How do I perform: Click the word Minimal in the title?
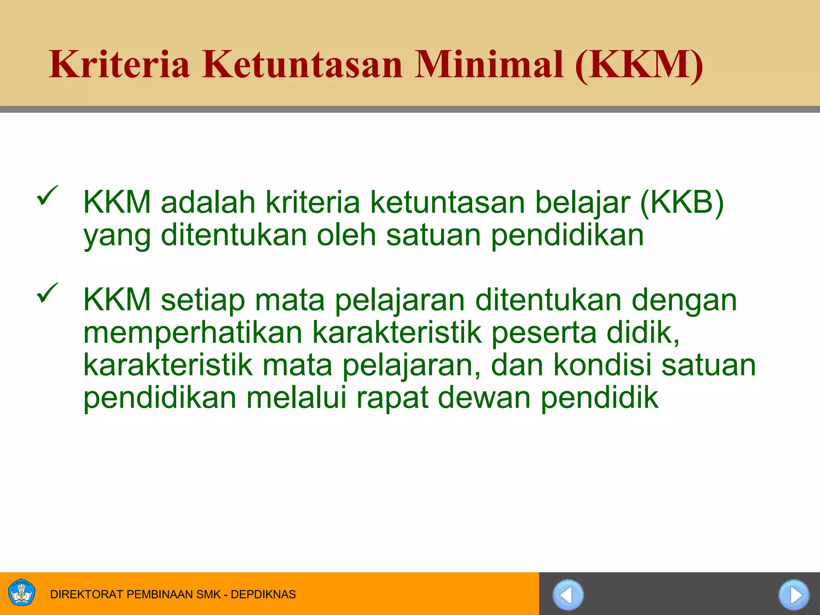[x=489, y=65]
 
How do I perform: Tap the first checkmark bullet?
[x=47, y=195]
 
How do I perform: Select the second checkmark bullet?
[x=47, y=293]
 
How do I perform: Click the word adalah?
[x=208, y=202]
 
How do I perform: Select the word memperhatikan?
[x=193, y=333]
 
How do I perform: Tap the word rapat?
[x=392, y=399]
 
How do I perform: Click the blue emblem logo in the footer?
[x=22, y=593]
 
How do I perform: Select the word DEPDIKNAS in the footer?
[x=263, y=594]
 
